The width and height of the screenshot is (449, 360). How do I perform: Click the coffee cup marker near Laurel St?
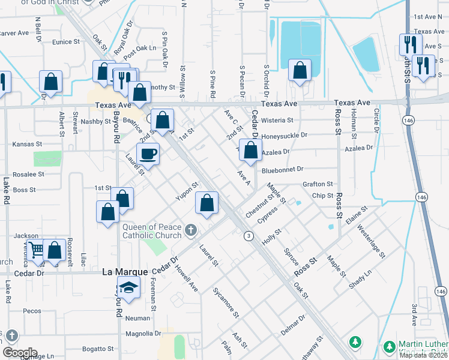click(148, 154)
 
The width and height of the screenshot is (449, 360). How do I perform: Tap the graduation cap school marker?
click(128, 288)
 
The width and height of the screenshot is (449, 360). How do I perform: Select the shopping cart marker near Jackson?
click(36, 250)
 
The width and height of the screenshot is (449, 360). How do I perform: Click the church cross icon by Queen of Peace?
click(190, 230)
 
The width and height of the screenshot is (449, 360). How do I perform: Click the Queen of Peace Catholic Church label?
click(152, 231)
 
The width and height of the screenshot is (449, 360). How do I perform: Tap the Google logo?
click(19, 353)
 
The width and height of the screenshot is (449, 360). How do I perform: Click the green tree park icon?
click(356, 343)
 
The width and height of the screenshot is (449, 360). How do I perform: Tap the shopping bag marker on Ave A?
click(250, 149)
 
